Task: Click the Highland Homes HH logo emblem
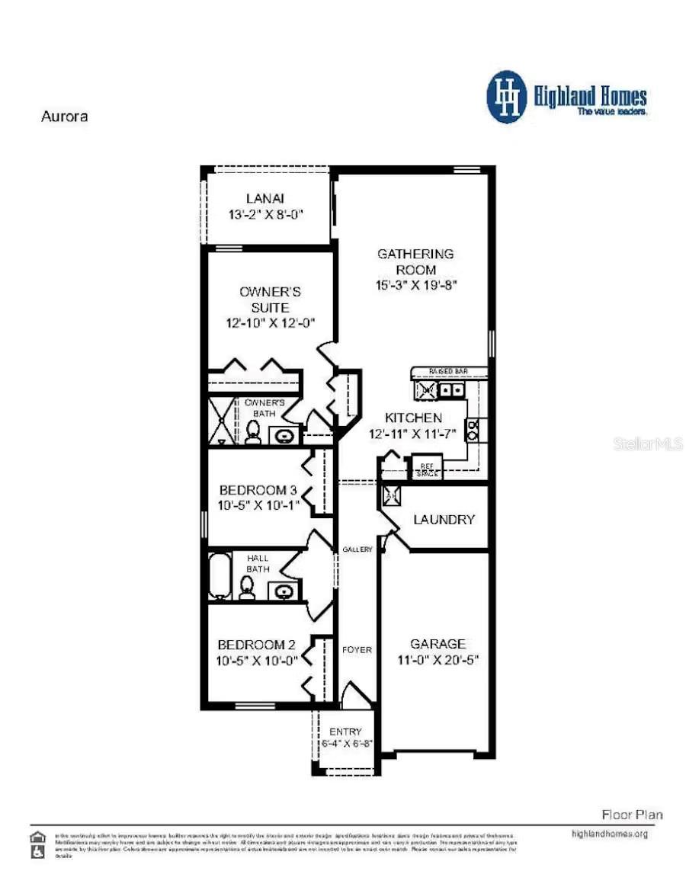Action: (x=507, y=97)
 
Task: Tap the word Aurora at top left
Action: (x=63, y=117)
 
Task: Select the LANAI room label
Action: (x=265, y=198)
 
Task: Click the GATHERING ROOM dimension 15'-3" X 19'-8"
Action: (x=415, y=286)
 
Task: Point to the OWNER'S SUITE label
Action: (x=270, y=299)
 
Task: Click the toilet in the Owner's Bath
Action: (x=253, y=432)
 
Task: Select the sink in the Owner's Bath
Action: (x=285, y=436)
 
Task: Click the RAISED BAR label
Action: (x=447, y=371)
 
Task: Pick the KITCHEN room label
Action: (x=412, y=418)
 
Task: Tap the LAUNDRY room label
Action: (x=444, y=520)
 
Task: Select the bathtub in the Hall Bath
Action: (x=219, y=576)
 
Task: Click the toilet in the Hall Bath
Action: (x=246, y=588)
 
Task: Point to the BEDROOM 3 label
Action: (x=258, y=489)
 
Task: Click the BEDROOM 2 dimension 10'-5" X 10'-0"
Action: (x=258, y=661)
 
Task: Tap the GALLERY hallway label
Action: (x=357, y=549)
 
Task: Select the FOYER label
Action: (x=357, y=650)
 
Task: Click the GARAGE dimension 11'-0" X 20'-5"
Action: (x=438, y=660)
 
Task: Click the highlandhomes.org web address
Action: (x=609, y=834)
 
